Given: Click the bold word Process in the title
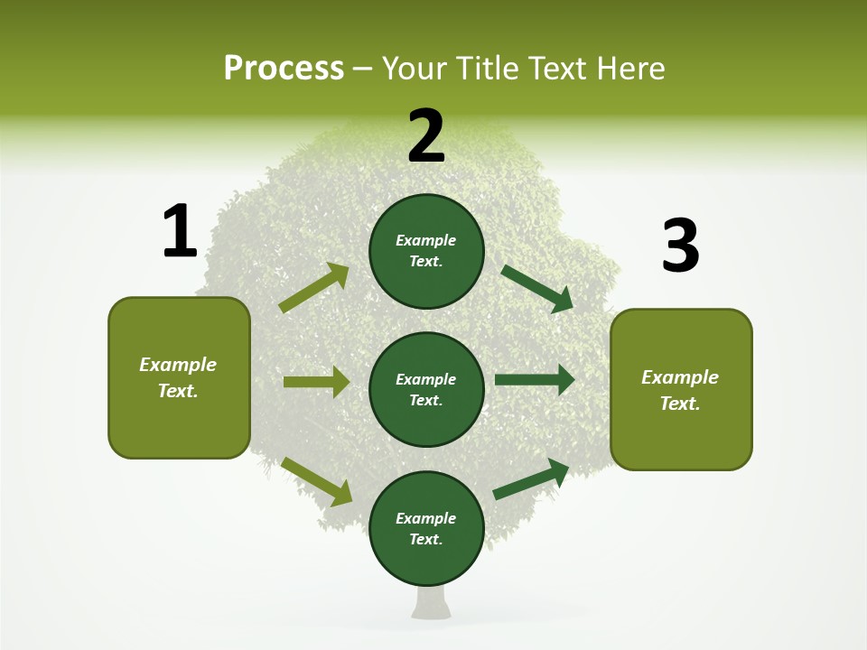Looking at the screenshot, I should tap(284, 68).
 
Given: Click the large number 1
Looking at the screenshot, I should tap(180, 231).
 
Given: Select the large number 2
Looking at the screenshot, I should tap(426, 136).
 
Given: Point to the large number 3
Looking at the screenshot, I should tap(680, 246).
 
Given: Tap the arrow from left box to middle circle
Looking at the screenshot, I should tap(316, 382).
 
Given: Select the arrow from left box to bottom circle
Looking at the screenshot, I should tap(317, 481).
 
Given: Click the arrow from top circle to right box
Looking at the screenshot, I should tap(537, 288).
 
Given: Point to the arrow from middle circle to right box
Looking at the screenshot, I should tap(535, 380).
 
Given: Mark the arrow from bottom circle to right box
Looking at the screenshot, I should tap(531, 479).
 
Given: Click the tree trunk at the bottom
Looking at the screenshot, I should tap(433, 602).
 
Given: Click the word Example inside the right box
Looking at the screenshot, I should tap(680, 377).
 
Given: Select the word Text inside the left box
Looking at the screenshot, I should tap(178, 391).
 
